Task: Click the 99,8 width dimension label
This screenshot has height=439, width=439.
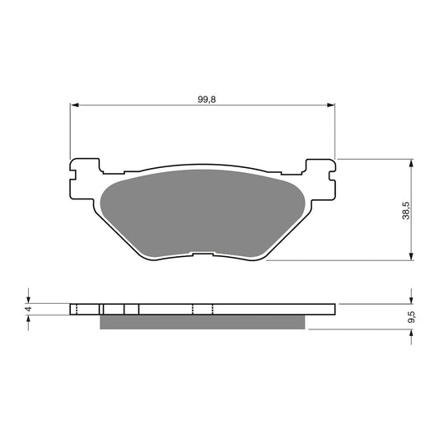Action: pos(207,100)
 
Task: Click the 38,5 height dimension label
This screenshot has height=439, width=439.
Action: pos(406,211)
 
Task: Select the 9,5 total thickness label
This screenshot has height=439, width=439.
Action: pos(412,317)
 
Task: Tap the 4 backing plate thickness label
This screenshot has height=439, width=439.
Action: pos(28,309)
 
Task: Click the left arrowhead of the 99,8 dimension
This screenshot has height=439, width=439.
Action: pos(74,105)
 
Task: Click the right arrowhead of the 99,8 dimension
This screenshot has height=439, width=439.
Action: pos(331,105)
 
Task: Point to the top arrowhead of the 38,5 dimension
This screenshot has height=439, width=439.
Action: pos(411,163)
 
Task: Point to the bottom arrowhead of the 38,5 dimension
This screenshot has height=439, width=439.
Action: pos(411,256)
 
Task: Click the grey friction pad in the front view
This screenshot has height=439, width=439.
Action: pos(202,212)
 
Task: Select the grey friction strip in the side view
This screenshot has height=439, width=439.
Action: pos(202,322)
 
